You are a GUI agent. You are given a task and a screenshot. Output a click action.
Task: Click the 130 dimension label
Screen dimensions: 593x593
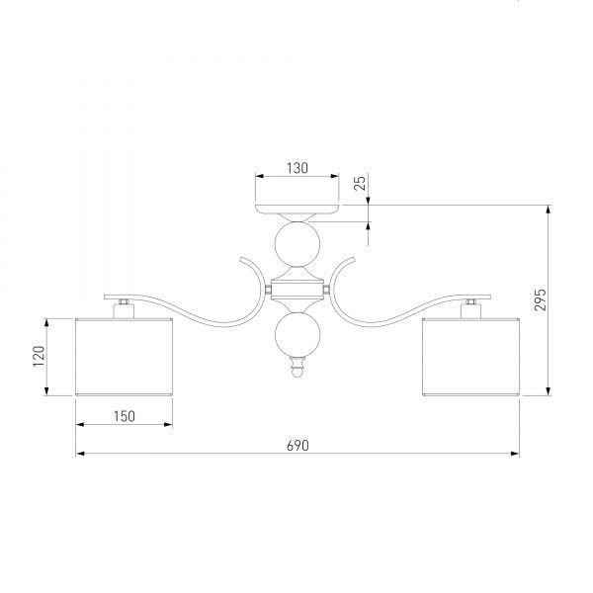pos(296,168)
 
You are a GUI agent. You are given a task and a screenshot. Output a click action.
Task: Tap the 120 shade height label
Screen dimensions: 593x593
pos(37,356)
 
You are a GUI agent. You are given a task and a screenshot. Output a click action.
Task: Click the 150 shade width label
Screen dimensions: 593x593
pos(124,416)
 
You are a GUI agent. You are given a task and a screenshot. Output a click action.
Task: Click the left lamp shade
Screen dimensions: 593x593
pos(125,356)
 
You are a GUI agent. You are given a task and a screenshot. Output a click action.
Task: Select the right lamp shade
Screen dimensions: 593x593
pos(470,356)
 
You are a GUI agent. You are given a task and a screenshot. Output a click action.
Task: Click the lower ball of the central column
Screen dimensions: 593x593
pos(296,336)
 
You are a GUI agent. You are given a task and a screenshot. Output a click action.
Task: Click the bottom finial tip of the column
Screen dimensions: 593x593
pos(296,373)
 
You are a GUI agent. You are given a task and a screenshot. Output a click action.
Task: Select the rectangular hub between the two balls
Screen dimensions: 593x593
pos(296,290)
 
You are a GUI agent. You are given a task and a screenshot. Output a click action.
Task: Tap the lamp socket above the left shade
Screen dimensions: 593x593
pos(124,309)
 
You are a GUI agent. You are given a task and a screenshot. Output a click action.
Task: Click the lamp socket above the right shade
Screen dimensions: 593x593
pos(470,309)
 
